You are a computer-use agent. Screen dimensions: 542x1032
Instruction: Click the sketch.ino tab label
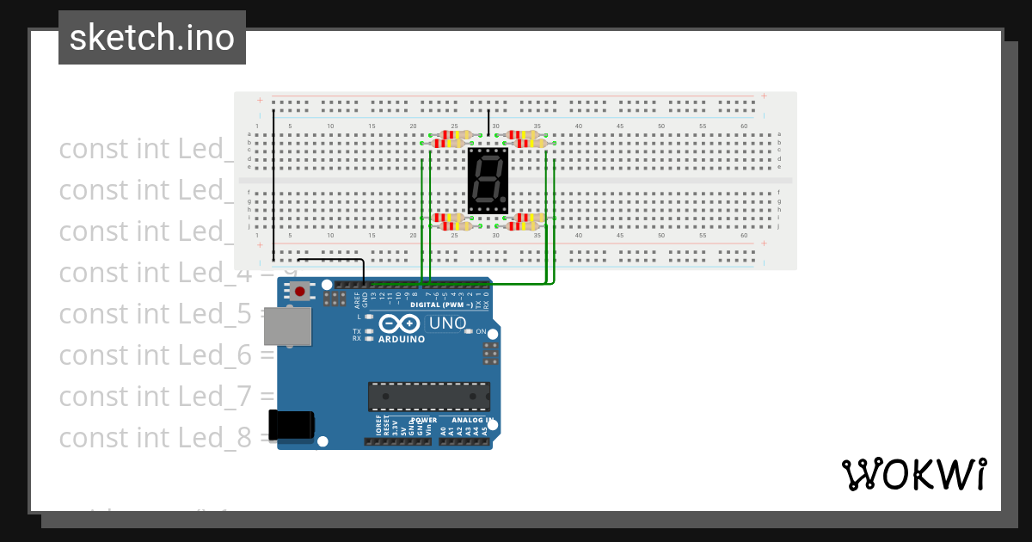point(152,38)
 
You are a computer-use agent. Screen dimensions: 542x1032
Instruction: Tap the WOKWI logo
point(912,474)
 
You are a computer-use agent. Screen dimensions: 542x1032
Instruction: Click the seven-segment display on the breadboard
point(488,181)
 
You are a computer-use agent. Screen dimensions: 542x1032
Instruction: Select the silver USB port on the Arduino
point(287,327)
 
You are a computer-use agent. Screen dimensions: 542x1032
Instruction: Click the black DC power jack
point(291,424)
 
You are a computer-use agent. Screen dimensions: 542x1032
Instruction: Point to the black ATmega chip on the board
point(428,397)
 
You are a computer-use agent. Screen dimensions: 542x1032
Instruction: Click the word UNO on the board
point(447,324)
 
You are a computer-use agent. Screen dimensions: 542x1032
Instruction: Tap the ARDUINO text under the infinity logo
point(402,340)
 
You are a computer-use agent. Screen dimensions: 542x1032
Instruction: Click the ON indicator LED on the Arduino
point(469,332)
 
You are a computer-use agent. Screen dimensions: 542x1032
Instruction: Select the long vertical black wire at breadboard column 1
point(273,185)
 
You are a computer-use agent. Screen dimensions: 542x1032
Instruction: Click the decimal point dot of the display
point(503,199)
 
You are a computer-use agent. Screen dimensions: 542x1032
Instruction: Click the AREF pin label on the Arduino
point(357,300)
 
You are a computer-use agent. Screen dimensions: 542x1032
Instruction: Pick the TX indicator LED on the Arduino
point(368,331)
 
